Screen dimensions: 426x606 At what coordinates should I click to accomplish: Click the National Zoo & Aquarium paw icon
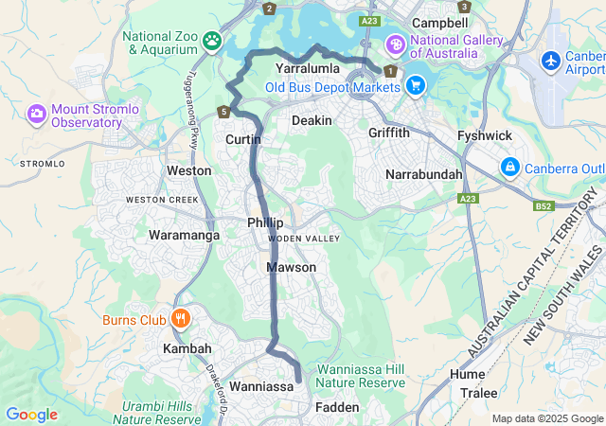pos(214,41)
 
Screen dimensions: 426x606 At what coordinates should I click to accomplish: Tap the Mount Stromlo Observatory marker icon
pos(37,114)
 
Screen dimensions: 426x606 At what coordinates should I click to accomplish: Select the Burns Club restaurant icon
pos(181,318)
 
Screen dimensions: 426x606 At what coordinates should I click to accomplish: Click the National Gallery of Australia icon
pos(394,44)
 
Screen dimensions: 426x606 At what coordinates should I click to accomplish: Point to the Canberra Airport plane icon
pos(551,60)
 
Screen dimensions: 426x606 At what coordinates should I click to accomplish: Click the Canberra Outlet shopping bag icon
pos(510,167)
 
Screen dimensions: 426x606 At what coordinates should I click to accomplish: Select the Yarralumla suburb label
pos(307,69)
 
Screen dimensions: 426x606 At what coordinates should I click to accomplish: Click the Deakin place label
pos(312,121)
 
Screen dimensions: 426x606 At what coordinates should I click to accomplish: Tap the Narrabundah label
pos(424,175)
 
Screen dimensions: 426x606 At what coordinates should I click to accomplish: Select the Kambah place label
pos(187,349)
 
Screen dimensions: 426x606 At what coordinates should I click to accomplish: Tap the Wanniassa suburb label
pos(261,386)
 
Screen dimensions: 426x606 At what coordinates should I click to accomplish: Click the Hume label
pos(467,374)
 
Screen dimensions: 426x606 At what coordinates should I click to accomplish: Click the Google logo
pos(31,415)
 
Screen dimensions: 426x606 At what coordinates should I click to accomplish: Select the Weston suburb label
pos(188,170)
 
